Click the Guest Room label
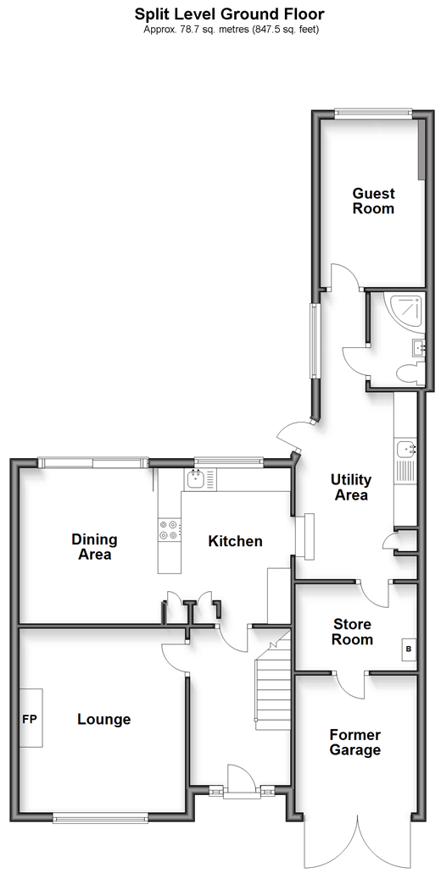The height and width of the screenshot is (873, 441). [373, 201]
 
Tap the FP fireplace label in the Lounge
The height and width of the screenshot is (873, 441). [29, 720]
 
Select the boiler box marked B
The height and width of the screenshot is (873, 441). [409, 649]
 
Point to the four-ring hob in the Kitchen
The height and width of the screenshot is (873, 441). [170, 529]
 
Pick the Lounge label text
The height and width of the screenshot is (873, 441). [103, 720]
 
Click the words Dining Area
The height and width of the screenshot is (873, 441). [94, 546]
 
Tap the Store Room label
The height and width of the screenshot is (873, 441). [352, 632]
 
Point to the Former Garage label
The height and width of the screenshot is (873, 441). [354, 742]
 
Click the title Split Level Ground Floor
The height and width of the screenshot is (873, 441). [229, 14]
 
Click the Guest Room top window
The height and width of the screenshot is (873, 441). [373, 113]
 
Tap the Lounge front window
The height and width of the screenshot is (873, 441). [100, 817]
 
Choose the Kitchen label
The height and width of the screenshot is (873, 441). [235, 540]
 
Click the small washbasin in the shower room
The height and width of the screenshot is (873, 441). [418, 347]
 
